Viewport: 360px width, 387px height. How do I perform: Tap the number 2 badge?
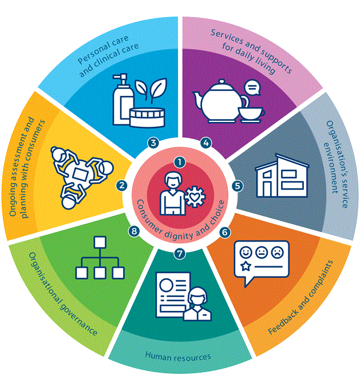(121, 185)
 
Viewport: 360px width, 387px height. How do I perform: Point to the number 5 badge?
(238, 185)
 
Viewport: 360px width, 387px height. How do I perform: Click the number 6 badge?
(224, 232)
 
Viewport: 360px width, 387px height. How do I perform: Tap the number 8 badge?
(134, 231)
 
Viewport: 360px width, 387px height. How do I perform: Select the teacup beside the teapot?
(250, 112)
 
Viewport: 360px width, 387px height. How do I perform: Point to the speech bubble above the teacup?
(251, 88)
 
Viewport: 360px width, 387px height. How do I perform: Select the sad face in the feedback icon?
(277, 251)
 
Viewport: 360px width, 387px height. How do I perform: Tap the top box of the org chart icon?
(100, 241)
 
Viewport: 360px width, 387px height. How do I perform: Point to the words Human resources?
(177, 356)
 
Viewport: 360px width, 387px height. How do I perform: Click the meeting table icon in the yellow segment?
(80, 172)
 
